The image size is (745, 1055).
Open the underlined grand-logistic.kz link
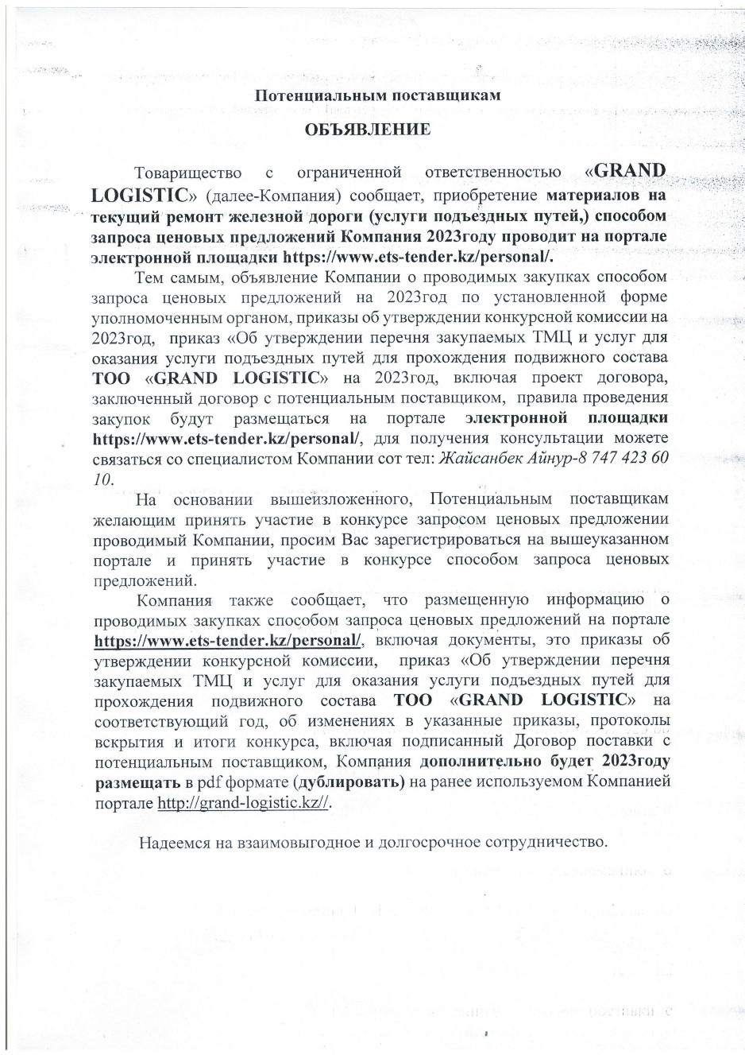point(243,803)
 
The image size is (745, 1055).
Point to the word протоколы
point(623,721)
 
